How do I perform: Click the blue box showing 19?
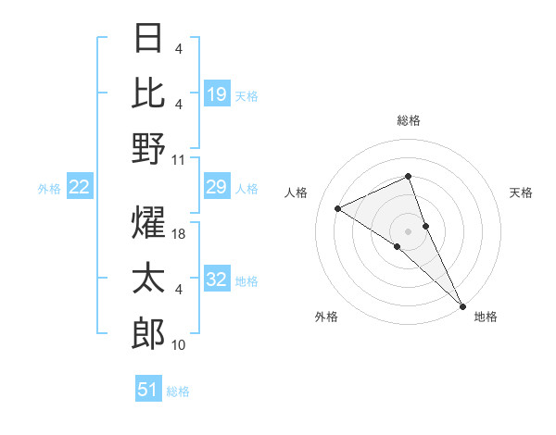pos(217,93)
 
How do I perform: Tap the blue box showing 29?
pos(217,188)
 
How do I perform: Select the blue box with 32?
pos(217,280)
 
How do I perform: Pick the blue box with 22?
pos(80,188)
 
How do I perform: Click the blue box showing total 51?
pos(148,390)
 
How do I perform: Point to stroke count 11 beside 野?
pos(179,159)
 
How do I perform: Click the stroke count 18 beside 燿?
pos(179,234)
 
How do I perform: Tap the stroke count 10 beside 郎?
pos(179,345)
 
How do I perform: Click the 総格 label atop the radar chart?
pos(409,120)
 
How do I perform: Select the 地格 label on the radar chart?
pos(486,317)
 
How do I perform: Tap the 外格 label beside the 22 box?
pos(49,189)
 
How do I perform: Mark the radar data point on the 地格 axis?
pos(462,304)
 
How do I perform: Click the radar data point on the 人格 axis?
pos(338,208)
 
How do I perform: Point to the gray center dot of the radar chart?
pos(409,230)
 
